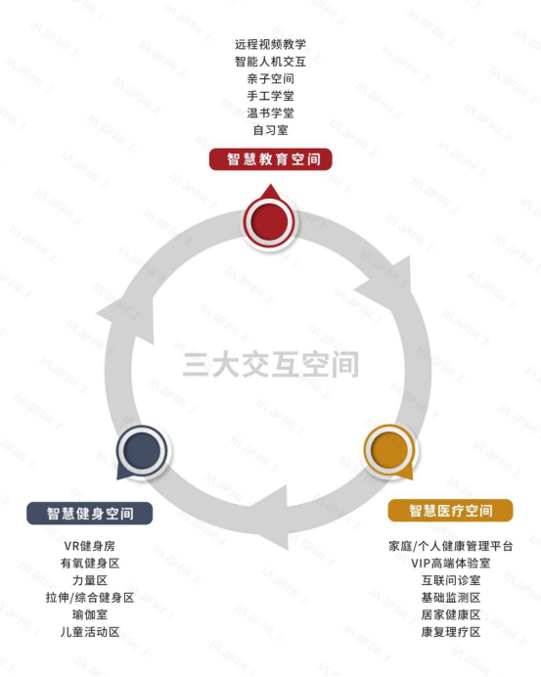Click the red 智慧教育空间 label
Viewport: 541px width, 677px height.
pos(270,159)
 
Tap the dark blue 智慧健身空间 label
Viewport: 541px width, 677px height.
pos(90,514)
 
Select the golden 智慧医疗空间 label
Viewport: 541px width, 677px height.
pos(451,511)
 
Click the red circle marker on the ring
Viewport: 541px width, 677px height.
pos(269,221)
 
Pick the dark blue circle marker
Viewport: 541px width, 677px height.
pos(142,451)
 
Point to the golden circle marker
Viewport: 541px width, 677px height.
pos(389,450)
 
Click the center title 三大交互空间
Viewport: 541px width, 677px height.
pos(271,364)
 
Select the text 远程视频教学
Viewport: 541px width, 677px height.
pos(270,44)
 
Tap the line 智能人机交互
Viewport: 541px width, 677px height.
pos(270,62)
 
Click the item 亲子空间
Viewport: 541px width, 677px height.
pos(270,78)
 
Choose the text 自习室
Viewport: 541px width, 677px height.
pos(270,130)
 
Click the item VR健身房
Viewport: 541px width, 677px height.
pos(90,546)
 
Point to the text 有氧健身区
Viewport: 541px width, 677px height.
pos(90,563)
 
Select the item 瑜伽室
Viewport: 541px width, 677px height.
pos(90,614)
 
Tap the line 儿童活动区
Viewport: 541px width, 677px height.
pos(90,632)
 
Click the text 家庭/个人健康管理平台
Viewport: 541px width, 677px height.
pos(451,546)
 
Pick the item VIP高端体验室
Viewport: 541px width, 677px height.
pos(451,563)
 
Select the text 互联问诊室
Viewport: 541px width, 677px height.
pos(451,580)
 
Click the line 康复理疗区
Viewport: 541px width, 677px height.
pos(451,632)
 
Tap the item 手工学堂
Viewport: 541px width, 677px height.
pos(270,96)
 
